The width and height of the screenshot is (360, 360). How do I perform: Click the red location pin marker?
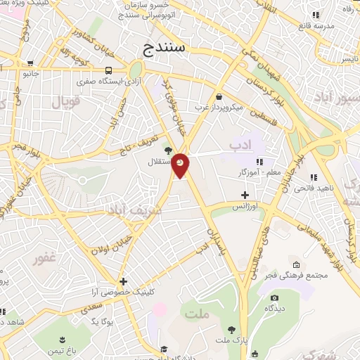click(181, 165)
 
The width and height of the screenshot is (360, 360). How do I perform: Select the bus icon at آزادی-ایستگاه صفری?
click(108, 70)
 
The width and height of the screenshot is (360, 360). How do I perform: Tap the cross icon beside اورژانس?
click(245, 195)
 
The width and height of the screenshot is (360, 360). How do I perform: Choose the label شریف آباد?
click(134, 210)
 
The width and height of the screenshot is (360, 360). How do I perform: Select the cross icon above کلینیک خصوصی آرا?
click(123, 281)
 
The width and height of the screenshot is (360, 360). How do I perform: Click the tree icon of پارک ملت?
click(231, 329)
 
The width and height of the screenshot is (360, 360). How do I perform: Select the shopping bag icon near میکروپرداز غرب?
click(219, 96)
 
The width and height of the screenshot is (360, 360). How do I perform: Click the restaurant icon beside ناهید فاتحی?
click(313, 177)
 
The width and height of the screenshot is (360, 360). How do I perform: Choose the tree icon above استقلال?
click(167, 150)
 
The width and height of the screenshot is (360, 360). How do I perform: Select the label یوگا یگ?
click(102, 321)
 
